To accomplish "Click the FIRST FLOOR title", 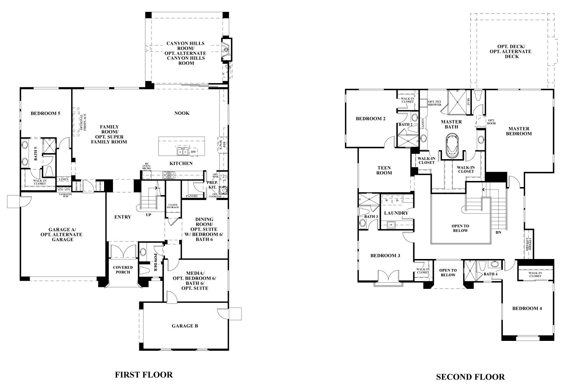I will point(144,375).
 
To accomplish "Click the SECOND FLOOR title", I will point(470,377).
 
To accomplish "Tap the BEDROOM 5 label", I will point(46,113).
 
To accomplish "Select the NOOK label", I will point(182,113).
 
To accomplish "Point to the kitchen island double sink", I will point(182,152).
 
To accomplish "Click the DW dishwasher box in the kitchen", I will point(194,152).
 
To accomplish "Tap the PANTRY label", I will point(192,196).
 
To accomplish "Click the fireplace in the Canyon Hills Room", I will point(227,49).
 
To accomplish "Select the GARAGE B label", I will point(185,326).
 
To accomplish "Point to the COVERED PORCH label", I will point(123,270).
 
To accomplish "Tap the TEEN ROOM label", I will point(384,170).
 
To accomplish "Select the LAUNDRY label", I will point(396,213).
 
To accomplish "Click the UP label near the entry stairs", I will point(148,215).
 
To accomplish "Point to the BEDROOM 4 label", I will point(527,308).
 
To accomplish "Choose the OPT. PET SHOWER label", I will point(435,103).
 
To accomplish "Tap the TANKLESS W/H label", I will point(65,195).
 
